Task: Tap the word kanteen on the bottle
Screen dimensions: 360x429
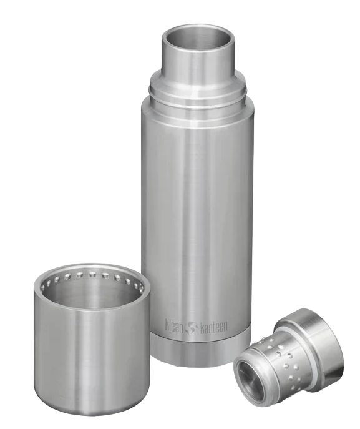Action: coord(213,327)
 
